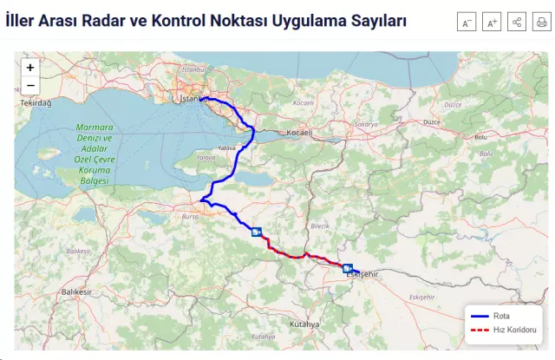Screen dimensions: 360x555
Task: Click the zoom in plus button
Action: (x=30, y=67)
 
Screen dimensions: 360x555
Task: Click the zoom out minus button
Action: (x=30, y=85)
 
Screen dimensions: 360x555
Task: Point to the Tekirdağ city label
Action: (x=36, y=102)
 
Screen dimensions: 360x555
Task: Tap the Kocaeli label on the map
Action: (x=299, y=133)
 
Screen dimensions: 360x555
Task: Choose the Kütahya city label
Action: (x=305, y=324)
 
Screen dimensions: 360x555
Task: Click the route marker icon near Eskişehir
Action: (x=348, y=268)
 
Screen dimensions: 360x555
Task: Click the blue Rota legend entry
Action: (x=501, y=316)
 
